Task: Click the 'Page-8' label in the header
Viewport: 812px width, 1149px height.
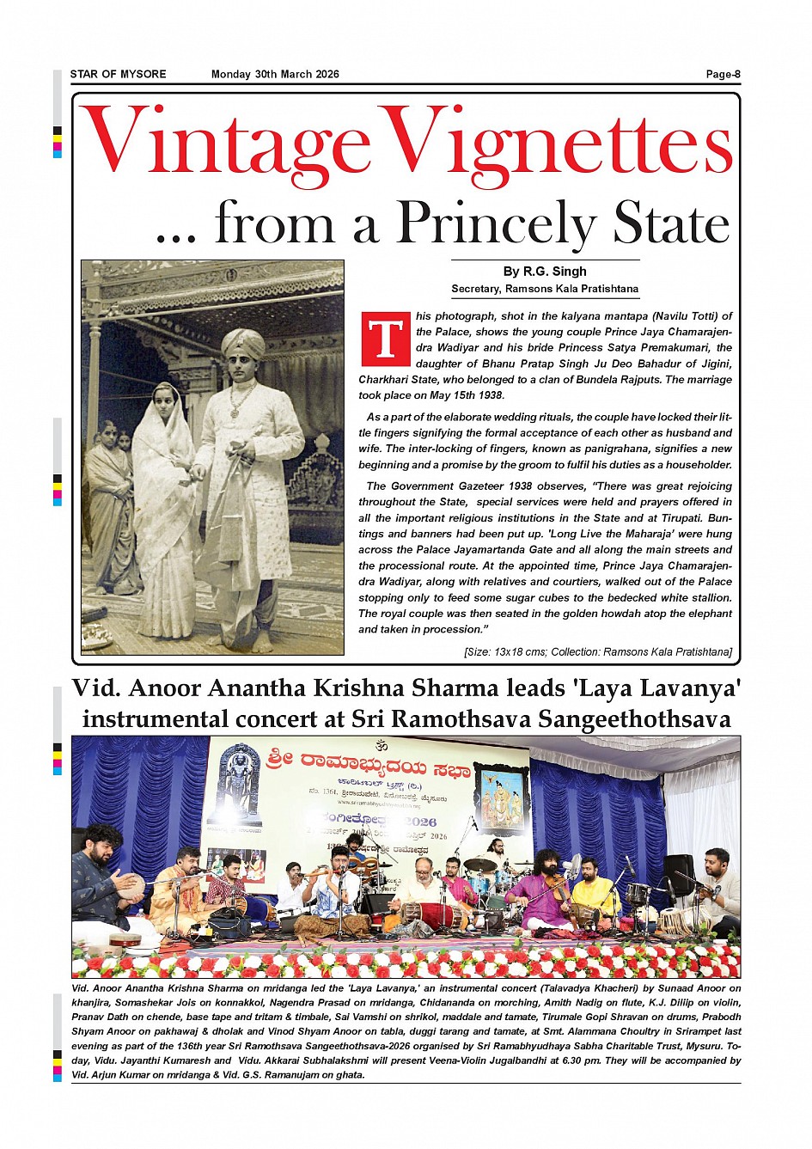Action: click(x=723, y=74)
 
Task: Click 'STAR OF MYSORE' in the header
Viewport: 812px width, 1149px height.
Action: click(x=119, y=74)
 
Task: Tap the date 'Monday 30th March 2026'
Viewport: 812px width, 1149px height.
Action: click(x=275, y=74)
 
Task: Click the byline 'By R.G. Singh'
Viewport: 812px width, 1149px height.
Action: click(x=545, y=272)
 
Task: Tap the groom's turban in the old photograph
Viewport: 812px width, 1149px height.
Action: click(x=243, y=344)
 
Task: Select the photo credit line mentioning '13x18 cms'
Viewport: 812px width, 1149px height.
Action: click(x=597, y=652)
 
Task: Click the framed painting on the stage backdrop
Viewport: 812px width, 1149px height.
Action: click(x=501, y=798)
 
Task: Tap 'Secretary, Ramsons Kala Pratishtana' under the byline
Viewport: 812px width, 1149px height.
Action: click(x=545, y=289)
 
